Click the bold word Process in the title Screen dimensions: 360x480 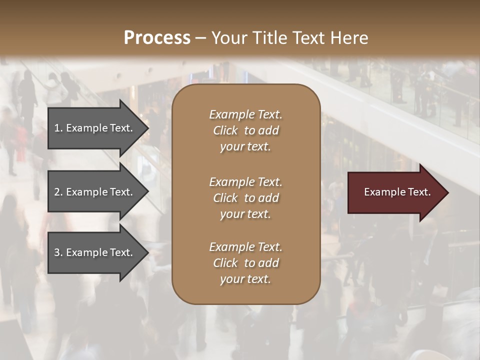tap(157, 38)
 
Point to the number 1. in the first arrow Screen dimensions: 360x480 tap(58, 128)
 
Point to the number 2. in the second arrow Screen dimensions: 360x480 tap(58, 192)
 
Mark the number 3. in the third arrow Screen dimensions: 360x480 tap(58, 252)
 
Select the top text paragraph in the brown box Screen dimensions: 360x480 tap(245, 130)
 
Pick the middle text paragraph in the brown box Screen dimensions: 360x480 tap(245, 198)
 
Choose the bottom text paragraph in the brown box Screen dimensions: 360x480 tap(245, 263)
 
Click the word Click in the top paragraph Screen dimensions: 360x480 tap(225, 130)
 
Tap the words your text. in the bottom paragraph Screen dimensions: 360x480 tap(245, 279)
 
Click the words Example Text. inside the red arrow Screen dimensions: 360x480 tap(397, 192)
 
